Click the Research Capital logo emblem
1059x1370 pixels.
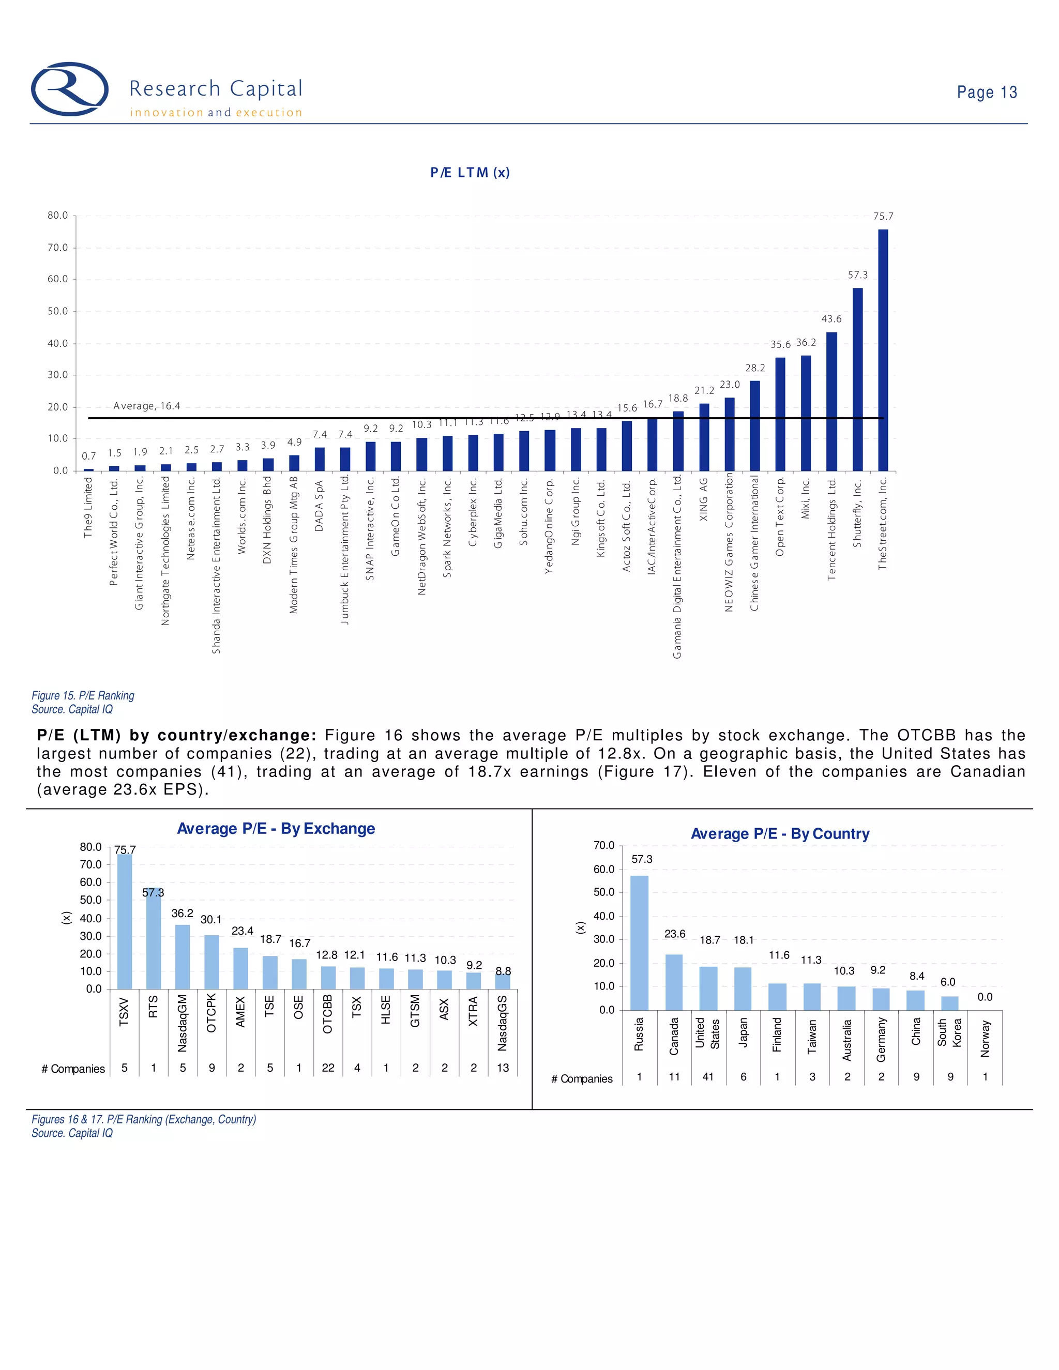[x=70, y=89]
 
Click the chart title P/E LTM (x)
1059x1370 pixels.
[x=470, y=173]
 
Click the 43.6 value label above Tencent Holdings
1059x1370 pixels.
[x=831, y=318]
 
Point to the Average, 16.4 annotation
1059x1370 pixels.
[x=147, y=406]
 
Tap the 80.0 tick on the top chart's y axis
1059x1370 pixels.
[x=58, y=215]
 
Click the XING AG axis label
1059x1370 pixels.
[x=703, y=499]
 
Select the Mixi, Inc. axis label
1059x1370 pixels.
[x=806, y=499]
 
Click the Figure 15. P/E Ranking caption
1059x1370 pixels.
[x=83, y=696]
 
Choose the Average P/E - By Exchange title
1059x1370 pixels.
[x=276, y=829]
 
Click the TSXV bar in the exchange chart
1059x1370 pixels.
[x=124, y=921]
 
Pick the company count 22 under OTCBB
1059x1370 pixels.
[x=328, y=1068]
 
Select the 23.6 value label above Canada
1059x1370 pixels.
[x=674, y=934]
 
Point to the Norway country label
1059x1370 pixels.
[x=985, y=1038]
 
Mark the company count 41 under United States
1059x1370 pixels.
[x=708, y=1076]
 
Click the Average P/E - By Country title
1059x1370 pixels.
[x=780, y=834]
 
